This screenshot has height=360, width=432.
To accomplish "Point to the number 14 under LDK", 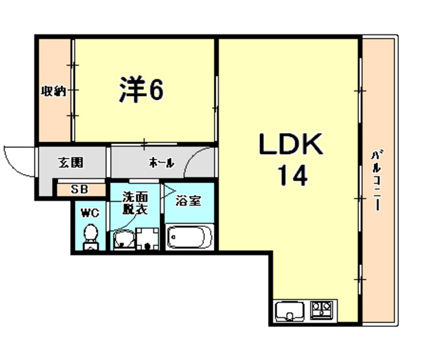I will pyautogui.click(x=291, y=176).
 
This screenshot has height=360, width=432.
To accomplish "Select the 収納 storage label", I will pyautogui.click(x=53, y=92).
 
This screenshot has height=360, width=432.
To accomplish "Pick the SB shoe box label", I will pyautogui.click(x=79, y=189).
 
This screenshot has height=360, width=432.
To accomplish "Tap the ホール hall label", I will pyautogui.click(x=161, y=163).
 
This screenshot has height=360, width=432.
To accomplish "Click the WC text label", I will pyautogui.click(x=89, y=213).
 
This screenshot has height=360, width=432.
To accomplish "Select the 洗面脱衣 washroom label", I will pyautogui.click(x=136, y=203).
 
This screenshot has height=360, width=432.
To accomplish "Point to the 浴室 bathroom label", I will pyautogui.click(x=188, y=201).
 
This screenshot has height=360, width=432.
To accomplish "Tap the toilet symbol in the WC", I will pyautogui.click(x=90, y=236).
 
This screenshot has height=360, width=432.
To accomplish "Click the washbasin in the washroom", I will pyautogui.click(x=123, y=238).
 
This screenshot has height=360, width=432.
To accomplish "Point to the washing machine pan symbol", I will pyautogui.click(x=146, y=239).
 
